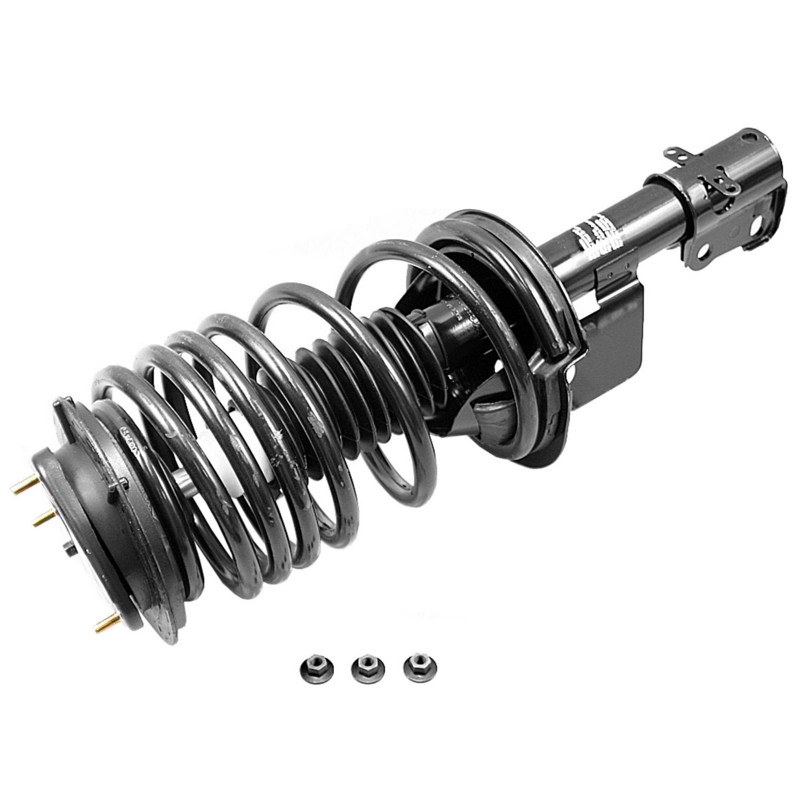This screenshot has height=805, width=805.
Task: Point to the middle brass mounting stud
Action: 44,518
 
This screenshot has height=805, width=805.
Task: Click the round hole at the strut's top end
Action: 749,136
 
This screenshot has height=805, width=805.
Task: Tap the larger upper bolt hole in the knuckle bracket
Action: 754,225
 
